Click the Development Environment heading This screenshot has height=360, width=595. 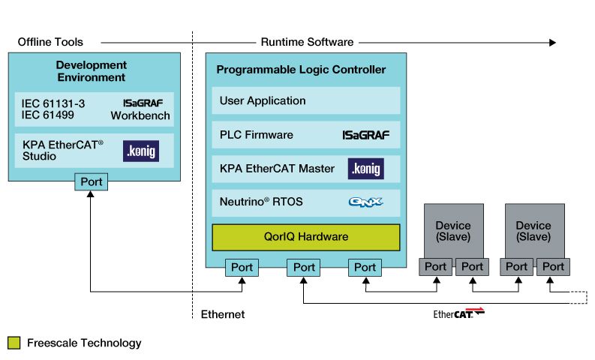(91, 71)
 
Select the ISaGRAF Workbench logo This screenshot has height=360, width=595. (147, 103)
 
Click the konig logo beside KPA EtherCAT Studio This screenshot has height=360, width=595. (141, 151)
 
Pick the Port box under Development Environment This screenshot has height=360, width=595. (91, 181)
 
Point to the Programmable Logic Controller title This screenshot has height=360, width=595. (301, 70)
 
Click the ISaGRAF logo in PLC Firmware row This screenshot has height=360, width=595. (365, 135)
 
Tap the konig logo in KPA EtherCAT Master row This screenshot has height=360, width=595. (365, 169)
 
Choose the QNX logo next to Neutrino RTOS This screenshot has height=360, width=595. (365, 202)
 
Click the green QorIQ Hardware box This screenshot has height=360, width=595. (305, 236)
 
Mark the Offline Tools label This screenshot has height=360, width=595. (50, 42)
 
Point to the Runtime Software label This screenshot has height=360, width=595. (307, 42)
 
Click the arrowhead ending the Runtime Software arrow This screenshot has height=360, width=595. (552, 42)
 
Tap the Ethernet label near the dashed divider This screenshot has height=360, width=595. (223, 314)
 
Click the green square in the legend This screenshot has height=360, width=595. (14, 343)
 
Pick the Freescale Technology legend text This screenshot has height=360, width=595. (84, 343)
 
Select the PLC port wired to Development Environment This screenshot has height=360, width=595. (242, 267)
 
